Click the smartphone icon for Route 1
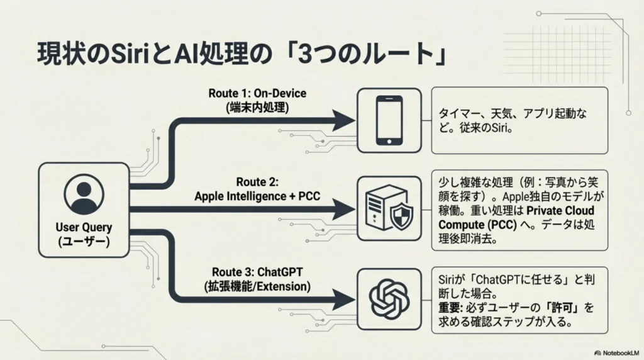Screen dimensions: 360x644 coord(389,120)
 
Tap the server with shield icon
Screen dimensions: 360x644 coord(389,208)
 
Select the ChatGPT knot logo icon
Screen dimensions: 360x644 coord(389,296)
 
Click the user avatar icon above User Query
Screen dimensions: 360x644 coord(84,195)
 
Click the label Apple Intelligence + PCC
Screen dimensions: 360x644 coord(257,196)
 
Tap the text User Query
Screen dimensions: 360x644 coord(84,228)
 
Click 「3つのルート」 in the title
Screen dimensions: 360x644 coord(372,56)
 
